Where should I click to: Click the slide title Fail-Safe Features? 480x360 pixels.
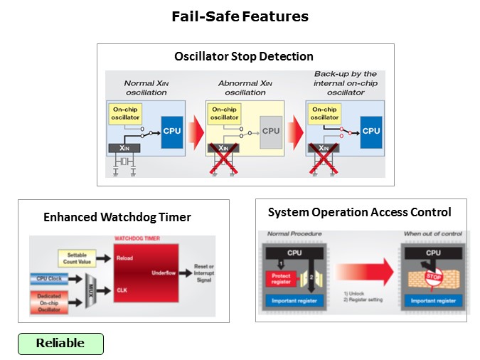pyautogui.click(x=240, y=16)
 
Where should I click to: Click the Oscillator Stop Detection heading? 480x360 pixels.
pyautogui.click(x=244, y=56)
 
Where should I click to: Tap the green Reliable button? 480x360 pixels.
pyautogui.click(x=60, y=344)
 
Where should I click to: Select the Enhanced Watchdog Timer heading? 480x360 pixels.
pyautogui.click(x=117, y=217)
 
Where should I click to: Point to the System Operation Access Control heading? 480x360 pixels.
pyautogui.click(x=359, y=212)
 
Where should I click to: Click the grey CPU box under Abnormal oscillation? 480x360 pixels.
pyautogui.click(x=271, y=131)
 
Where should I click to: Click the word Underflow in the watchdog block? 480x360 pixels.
pyautogui.click(x=163, y=272)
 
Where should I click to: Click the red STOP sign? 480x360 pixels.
pyautogui.click(x=434, y=275)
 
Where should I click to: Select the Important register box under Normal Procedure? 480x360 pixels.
pyautogui.click(x=293, y=301)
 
